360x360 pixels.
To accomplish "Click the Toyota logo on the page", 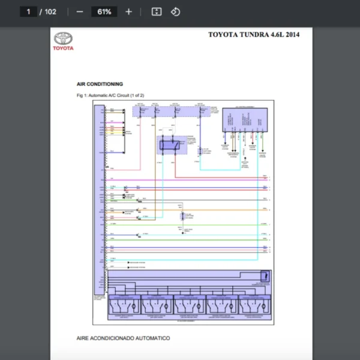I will [63, 41].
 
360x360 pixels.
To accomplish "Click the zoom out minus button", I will [80, 11].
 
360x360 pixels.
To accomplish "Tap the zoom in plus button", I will [128, 11].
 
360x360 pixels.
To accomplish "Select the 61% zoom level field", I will [104, 11].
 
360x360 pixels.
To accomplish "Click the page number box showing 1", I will [28, 11].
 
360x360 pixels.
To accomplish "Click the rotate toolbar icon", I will [175, 11].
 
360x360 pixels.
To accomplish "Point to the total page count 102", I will [50, 11].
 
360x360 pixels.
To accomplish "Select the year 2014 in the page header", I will [293, 35].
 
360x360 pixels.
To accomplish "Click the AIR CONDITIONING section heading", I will [100, 84].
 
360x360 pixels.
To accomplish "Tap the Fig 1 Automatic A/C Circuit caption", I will [110, 95].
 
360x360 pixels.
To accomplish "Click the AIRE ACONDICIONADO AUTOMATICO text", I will [123, 338].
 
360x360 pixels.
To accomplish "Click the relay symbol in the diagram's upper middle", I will [171, 145].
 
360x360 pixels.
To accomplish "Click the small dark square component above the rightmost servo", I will [265, 276].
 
